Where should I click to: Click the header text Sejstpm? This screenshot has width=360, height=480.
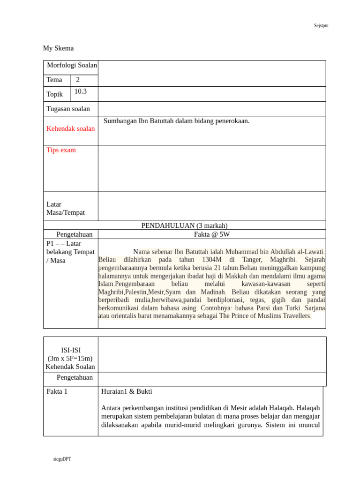point(321,25)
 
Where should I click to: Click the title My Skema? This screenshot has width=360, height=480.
point(58,48)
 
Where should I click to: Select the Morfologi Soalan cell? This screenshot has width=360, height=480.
point(71,66)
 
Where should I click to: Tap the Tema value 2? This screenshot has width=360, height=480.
point(78,80)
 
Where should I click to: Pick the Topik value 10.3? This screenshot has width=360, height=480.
point(81,91)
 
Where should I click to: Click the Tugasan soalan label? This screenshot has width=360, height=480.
point(68,109)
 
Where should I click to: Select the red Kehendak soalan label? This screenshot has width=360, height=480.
point(70,128)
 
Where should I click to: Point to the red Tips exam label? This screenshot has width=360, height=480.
point(61,150)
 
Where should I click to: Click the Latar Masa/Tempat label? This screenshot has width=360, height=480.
point(66,208)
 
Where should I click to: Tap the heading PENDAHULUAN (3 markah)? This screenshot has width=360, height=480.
point(184,225)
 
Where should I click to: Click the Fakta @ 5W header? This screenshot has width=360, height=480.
point(212,234)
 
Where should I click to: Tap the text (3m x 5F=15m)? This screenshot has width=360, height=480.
point(70,359)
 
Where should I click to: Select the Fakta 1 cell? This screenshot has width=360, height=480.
point(57,391)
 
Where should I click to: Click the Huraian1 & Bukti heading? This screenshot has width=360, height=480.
point(127,391)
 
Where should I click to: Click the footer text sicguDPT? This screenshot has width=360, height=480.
point(62,459)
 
